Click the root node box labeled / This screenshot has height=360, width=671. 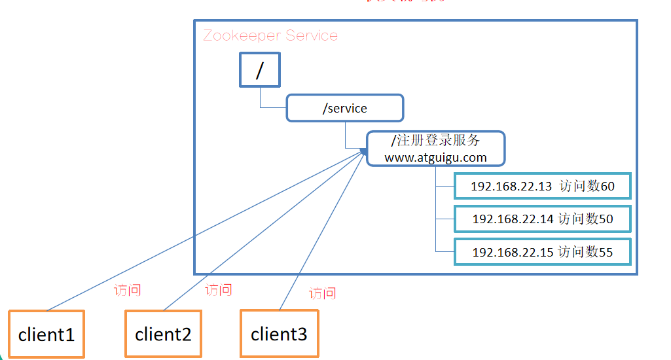click(259, 71)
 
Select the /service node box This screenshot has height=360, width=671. click(344, 108)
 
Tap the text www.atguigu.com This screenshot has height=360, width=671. click(435, 157)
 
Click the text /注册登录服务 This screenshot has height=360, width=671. click(435, 140)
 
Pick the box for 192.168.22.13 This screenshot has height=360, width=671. click(543, 187)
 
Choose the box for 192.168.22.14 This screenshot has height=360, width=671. click(543, 219)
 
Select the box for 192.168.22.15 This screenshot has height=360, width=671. click(543, 251)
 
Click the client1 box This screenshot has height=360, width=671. click(46, 334)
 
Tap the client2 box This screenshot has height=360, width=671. click(163, 334)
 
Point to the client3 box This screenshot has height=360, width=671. click(279, 334)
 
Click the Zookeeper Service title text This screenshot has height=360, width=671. click(270, 35)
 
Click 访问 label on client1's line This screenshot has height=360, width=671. click(127, 290)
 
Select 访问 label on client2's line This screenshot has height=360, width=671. click(218, 289)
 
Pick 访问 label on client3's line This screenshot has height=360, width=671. click(322, 293)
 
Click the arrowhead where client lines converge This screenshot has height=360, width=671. click(363, 151)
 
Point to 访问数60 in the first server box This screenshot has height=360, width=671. click(587, 187)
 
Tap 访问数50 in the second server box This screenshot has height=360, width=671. click(586, 219)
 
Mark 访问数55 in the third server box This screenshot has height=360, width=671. click(586, 251)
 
